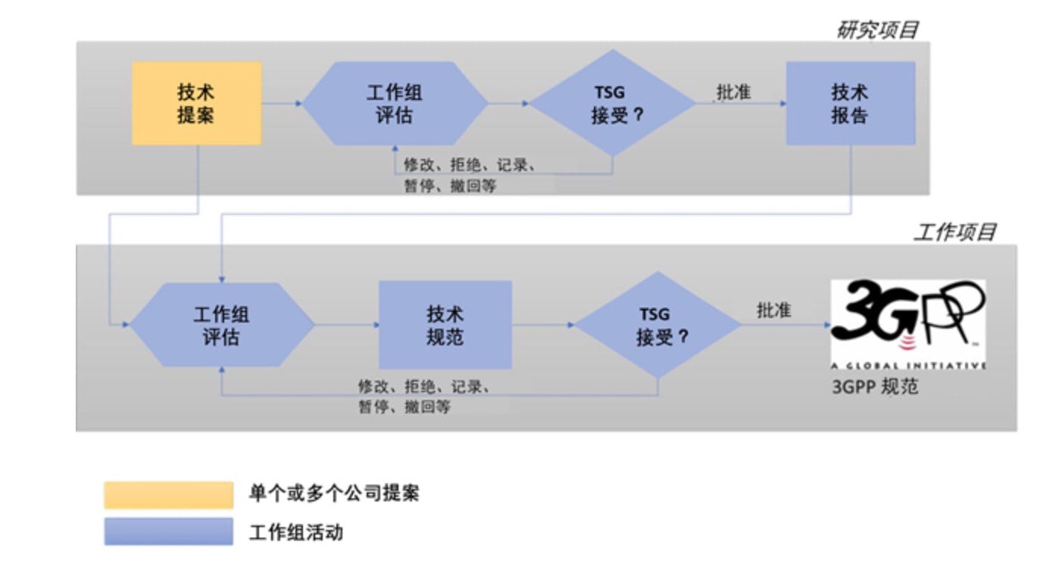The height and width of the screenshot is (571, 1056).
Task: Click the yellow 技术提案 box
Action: (x=196, y=103)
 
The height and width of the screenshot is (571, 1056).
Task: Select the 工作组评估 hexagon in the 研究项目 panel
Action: (x=395, y=103)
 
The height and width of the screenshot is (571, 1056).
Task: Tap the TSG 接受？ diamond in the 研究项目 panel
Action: (x=611, y=103)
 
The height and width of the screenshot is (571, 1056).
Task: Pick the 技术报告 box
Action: (x=849, y=103)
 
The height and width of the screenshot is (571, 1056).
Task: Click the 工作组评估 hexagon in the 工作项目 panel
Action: (x=222, y=325)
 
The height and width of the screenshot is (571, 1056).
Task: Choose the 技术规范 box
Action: (x=445, y=325)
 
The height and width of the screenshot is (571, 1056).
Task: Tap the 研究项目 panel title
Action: (x=876, y=30)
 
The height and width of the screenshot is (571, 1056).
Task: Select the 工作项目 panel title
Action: (x=954, y=232)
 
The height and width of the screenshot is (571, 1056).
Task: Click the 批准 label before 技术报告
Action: (x=733, y=92)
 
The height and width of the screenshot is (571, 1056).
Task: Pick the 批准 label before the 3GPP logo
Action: (x=773, y=310)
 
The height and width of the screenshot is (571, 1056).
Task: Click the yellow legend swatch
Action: (x=168, y=495)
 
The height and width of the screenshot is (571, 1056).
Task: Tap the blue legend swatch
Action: (x=168, y=532)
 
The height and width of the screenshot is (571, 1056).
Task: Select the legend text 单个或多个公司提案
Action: (x=333, y=494)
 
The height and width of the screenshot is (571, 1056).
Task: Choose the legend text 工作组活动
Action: (x=295, y=532)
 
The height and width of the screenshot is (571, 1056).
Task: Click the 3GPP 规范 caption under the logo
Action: (x=875, y=386)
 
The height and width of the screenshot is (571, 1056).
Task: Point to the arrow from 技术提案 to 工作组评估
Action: (x=283, y=103)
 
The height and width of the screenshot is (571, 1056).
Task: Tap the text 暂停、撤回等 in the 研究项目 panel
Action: (x=450, y=185)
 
